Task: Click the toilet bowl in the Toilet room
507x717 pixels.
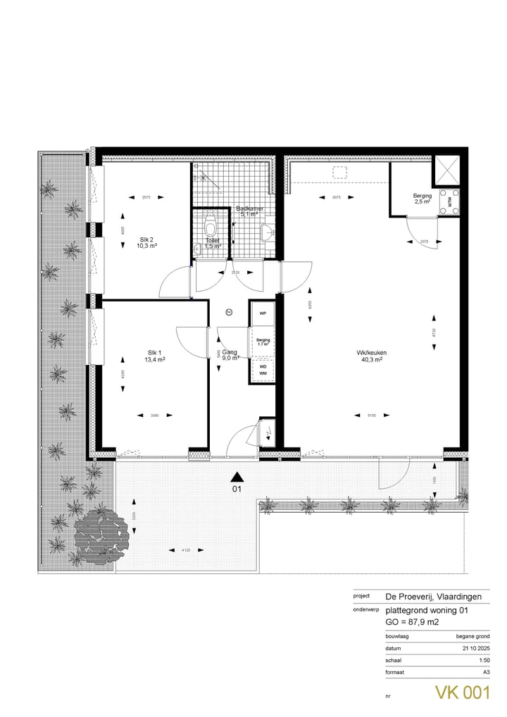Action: point(209,227)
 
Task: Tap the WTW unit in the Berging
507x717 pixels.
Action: point(449,199)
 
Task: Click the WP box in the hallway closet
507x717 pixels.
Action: point(262,313)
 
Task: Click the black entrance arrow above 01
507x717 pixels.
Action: point(237,476)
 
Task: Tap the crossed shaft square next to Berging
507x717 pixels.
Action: point(449,171)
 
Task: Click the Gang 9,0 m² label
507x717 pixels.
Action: point(230,354)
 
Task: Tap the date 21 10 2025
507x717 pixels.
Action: point(475,647)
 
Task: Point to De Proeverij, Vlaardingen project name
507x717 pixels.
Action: point(434,596)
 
